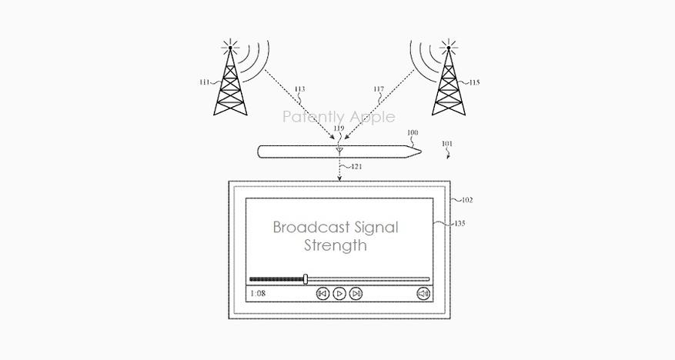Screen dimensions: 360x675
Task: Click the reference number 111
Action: click(x=204, y=83)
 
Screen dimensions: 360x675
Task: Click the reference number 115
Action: click(x=474, y=82)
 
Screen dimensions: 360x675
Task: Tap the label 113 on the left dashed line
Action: click(x=299, y=90)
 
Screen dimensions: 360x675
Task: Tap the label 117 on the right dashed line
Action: click(x=379, y=90)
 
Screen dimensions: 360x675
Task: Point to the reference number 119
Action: click(x=339, y=129)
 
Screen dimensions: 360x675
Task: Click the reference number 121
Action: click(x=356, y=166)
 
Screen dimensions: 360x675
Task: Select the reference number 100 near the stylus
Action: click(x=413, y=133)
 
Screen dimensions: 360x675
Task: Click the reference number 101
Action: click(x=447, y=144)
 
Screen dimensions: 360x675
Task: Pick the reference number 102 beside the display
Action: click(x=466, y=200)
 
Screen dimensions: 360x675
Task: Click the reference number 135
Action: click(x=459, y=224)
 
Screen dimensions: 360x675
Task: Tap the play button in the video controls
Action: click(x=339, y=294)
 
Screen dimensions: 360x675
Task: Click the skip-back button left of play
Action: click(x=323, y=294)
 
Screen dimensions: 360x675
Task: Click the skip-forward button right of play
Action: click(x=356, y=294)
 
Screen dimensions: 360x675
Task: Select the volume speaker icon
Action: click(x=423, y=294)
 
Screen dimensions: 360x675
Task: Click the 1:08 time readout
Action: click(x=258, y=294)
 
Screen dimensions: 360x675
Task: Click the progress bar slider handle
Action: click(x=306, y=278)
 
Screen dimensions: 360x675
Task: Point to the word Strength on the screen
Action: click(x=335, y=246)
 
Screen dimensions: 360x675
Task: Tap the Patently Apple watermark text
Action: click(x=339, y=117)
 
